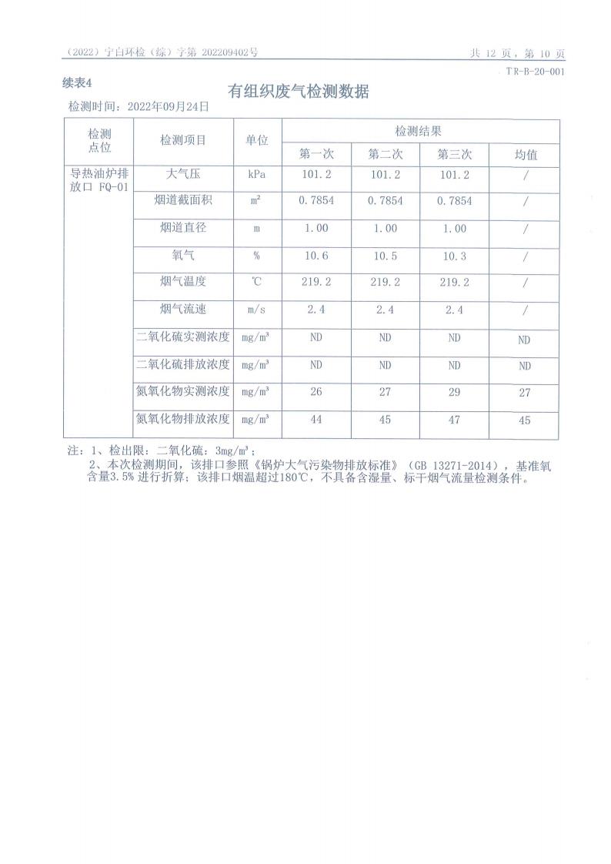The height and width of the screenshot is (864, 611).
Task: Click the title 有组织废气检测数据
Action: (x=299, y=92)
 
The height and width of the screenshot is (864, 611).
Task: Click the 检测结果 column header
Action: (x=419, y=131)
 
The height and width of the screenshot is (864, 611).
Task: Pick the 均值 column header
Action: (x=526, y=155)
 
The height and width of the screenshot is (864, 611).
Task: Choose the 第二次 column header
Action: (x=386, y=155)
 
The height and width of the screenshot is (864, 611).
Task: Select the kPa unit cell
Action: (x=256, y=175)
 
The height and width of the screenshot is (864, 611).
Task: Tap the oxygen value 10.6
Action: (x=316, y=256)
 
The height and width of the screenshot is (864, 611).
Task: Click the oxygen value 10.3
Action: (x=454, y=256)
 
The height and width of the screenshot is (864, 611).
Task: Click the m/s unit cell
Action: (x=256, y=310)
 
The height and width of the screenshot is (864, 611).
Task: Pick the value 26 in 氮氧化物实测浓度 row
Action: (x=316, y=393)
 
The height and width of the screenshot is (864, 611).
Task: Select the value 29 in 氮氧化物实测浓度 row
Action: (x=454, y=393)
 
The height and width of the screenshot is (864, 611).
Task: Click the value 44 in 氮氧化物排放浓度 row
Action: (x=316, y=420)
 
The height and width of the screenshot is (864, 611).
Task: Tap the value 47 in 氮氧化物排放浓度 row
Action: (x=454, y=420)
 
